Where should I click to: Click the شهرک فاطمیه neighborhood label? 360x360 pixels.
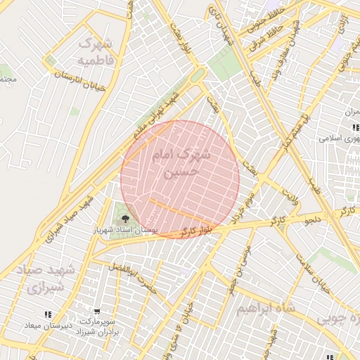click(x=96, y=51)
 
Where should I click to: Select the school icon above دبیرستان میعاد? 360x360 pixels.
click(x=48, y=314)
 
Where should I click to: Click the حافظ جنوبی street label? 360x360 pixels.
click(x=264, y=20)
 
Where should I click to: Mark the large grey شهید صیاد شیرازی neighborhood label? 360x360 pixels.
click(x=44, y=279)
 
